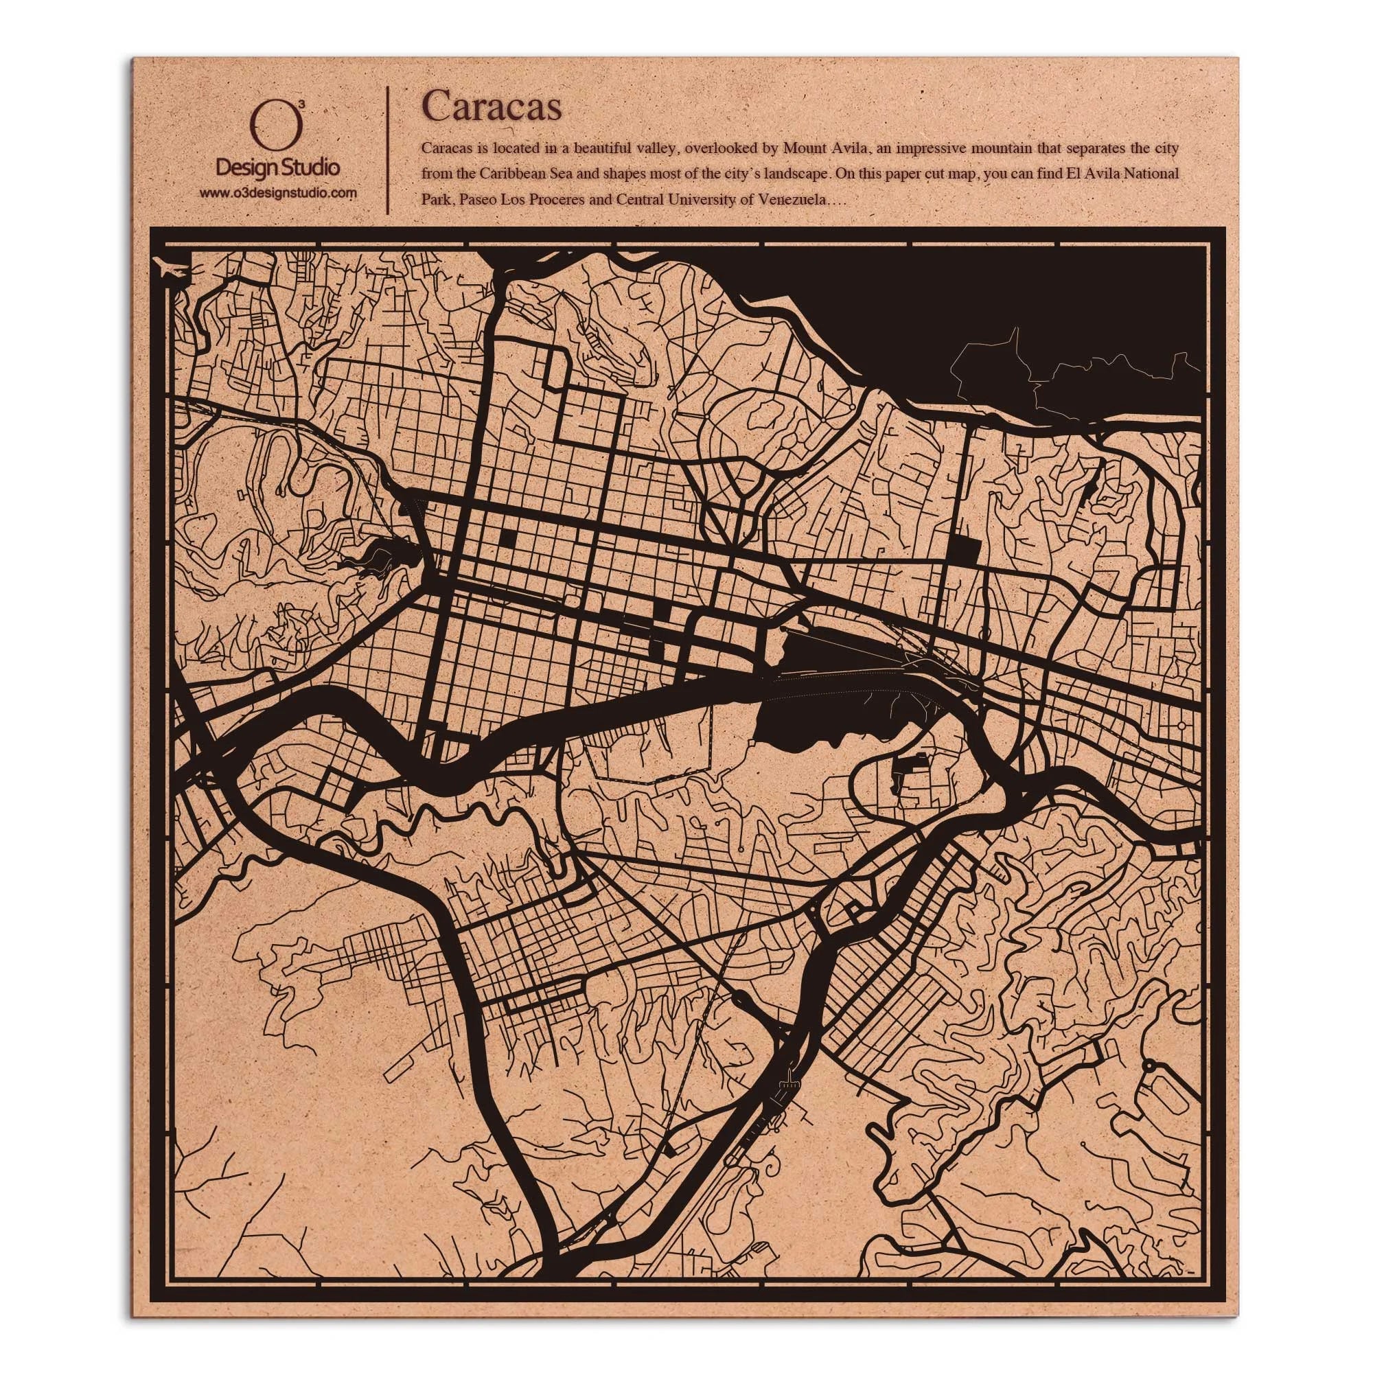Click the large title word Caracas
[492, 106]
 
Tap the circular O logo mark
[277, 129]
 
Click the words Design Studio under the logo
[277, 168]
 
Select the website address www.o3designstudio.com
[277, 193]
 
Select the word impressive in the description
[960, 148]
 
